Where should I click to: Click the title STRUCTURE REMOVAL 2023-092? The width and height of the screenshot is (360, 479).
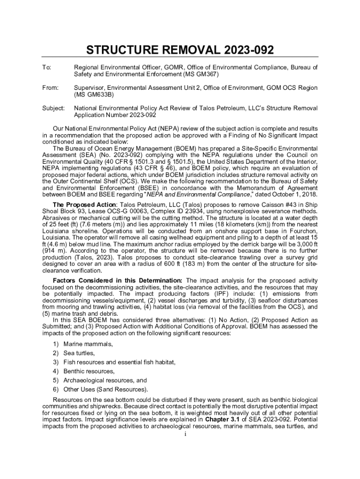tap(180, 51)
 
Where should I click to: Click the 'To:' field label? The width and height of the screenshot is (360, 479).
tap(47, 68)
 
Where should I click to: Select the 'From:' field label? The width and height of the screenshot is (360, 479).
tap(50, 88)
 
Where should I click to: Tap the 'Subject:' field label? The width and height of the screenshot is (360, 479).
tap(53, 108)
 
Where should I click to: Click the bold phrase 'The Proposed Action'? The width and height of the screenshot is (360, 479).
tap(84, 204)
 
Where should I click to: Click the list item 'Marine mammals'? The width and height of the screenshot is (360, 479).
tap(88, 344)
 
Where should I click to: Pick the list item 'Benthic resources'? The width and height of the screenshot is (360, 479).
tap(89, 371)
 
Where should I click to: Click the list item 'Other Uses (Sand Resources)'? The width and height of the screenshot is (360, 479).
tap(106, 390)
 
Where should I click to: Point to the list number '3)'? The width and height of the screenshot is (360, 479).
tap(56, 363)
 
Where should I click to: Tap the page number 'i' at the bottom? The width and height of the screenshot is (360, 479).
tap(180, 434)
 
